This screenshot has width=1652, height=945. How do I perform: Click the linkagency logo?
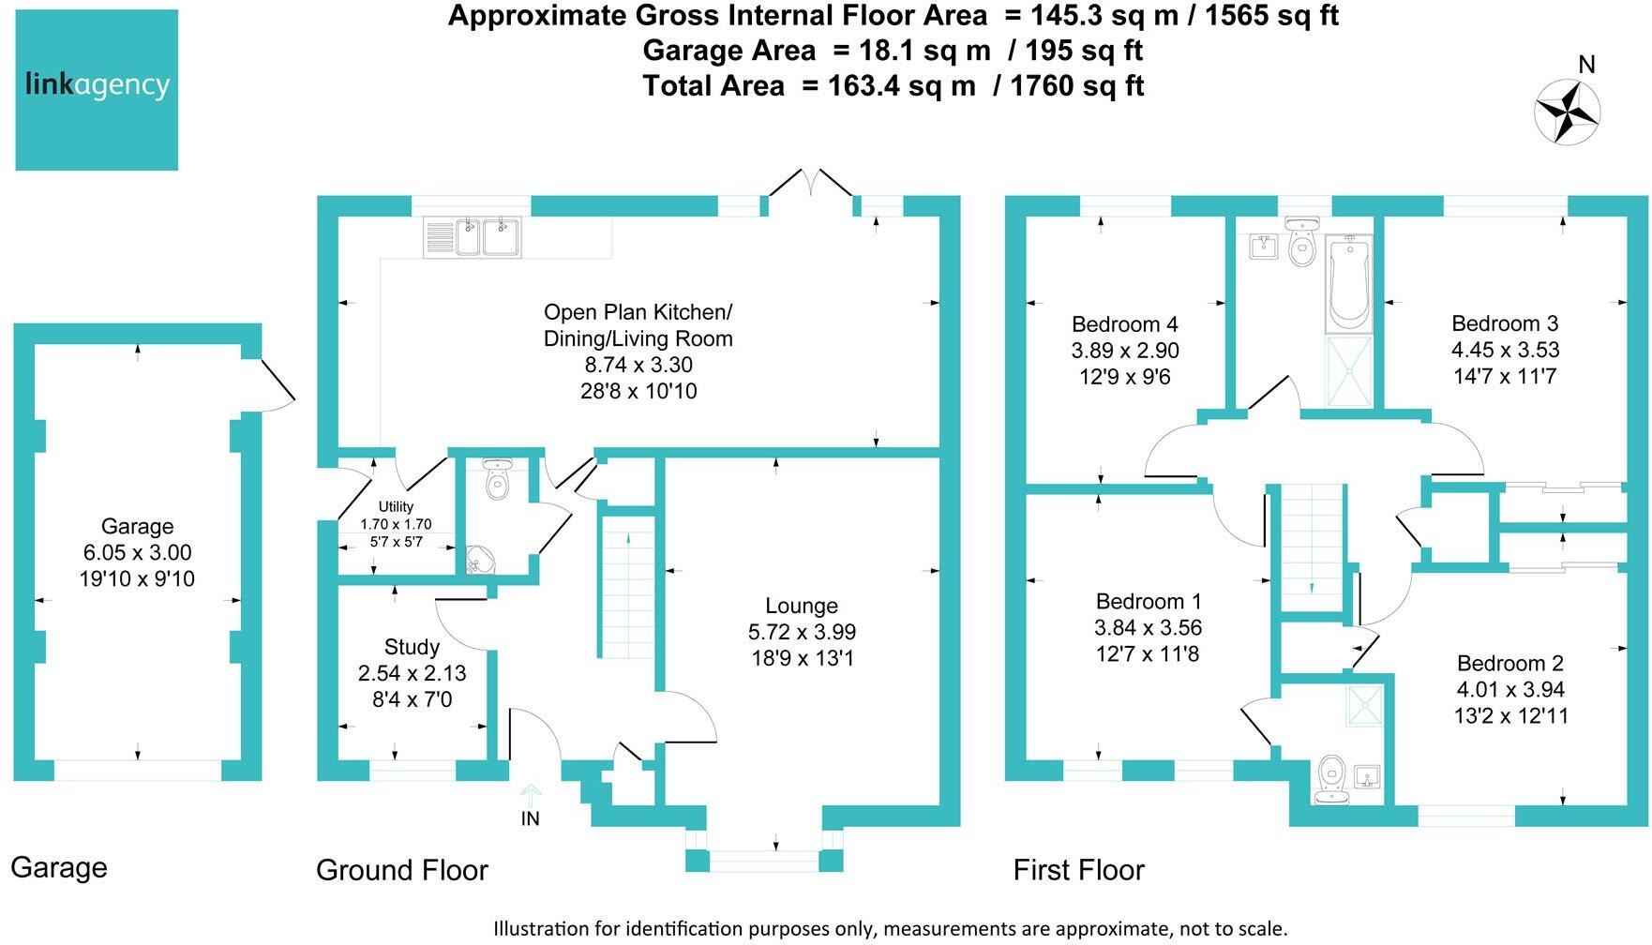(97, 90)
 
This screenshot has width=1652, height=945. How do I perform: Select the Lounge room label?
(802, 606)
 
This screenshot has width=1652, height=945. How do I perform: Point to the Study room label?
(412, 647)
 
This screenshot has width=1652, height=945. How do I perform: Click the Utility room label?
(396, 506)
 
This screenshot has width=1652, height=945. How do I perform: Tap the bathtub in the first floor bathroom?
(1348, 283)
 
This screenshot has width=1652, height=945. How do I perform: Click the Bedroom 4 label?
(1124, 324)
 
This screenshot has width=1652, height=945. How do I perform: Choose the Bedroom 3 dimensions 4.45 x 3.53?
(1505, 350)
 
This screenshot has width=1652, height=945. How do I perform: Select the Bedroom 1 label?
(1148, 601)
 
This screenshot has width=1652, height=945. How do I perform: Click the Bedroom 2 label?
(1509, 663)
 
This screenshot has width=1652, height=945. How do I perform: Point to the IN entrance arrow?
(530, 797)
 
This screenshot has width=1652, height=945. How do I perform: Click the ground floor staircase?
(626, 586)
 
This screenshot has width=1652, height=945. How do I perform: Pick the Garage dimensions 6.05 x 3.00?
(137, 552)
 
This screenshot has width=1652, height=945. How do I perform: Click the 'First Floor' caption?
(1078, 870)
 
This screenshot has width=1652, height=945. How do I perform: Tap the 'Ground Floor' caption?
(401, 870)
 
